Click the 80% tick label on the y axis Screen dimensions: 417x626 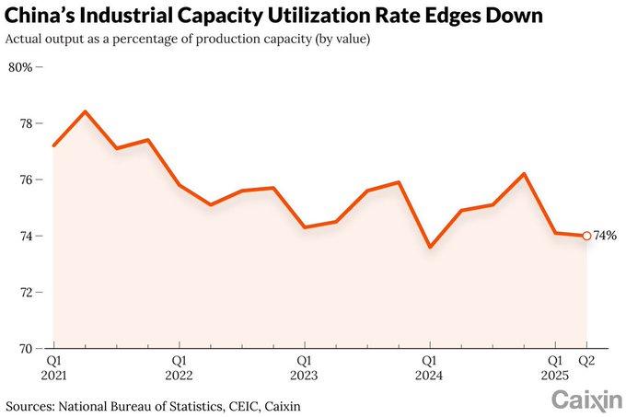(x=20, y=67)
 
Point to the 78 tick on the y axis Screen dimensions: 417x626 (x=26, y=123)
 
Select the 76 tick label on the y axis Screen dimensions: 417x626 (x=26, y=180)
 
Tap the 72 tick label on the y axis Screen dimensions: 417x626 (x=26, y=292)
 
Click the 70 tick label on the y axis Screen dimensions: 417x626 (x=26, y=349)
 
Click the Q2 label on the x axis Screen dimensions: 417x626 (x=586, y=361)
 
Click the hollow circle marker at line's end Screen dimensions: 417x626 (x=586, y=236)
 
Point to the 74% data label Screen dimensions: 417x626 (x=605, y=236)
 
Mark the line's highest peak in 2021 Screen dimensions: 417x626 (x=85, y=111)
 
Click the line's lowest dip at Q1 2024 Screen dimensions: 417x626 (x=430, y=247)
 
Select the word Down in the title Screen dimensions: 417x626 (x=516, y=17)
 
